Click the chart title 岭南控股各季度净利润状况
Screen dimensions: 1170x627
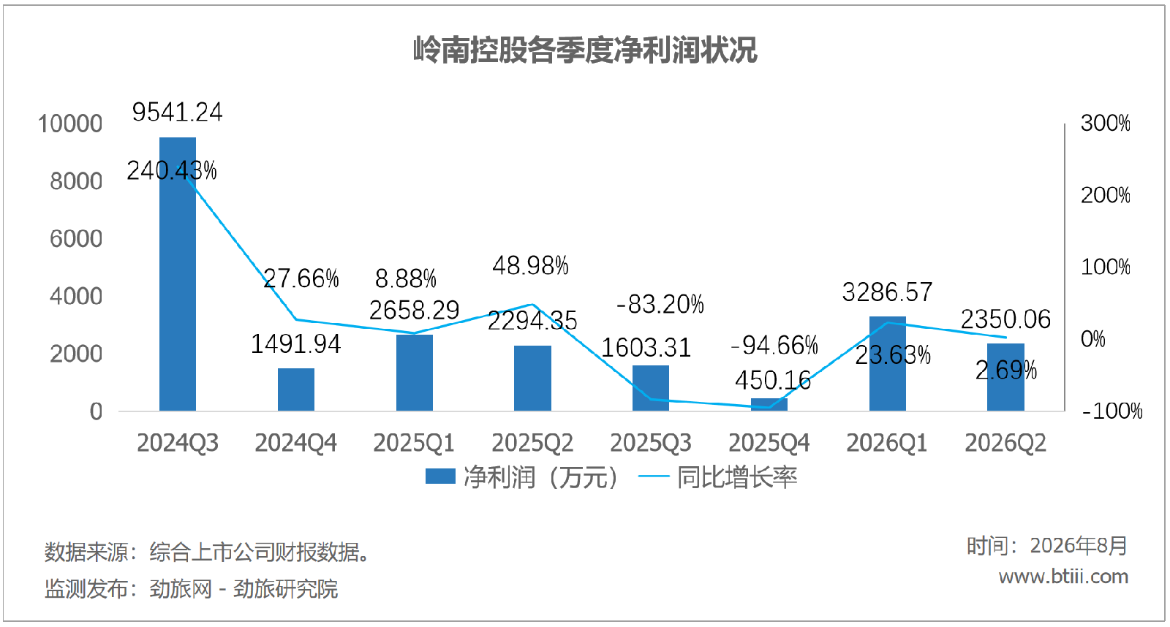tap(585, 50)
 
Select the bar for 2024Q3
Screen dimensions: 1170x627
tap(178, 274)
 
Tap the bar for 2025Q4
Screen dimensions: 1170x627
tap(769, 405)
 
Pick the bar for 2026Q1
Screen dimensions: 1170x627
tap(888, 364)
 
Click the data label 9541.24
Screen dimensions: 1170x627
tap(178, 113)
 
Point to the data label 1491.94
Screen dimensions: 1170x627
tap(295, 344)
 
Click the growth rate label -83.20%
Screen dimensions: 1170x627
tap(660, 304)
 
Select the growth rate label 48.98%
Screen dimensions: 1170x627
tap(530, 266)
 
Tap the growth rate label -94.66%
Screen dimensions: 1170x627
tap(774, 345)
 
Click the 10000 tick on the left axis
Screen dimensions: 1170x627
tap(70, 124)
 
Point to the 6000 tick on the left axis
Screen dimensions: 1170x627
tap(76, 239)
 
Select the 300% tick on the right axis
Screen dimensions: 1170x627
tap(1105, 123)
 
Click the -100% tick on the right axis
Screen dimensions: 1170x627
tap(1112, 411)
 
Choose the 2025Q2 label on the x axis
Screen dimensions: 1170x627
tap(532, 444)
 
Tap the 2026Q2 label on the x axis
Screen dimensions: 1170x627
tap(1005, 444)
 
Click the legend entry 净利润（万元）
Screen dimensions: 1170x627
tap(522, 477)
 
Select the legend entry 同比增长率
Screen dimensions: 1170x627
tap(717, 477)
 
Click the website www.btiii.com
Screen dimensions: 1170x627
tap(1063, 577)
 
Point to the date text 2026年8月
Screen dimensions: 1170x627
tap(1079, 546)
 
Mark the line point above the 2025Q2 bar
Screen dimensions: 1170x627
tap(532, 304)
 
